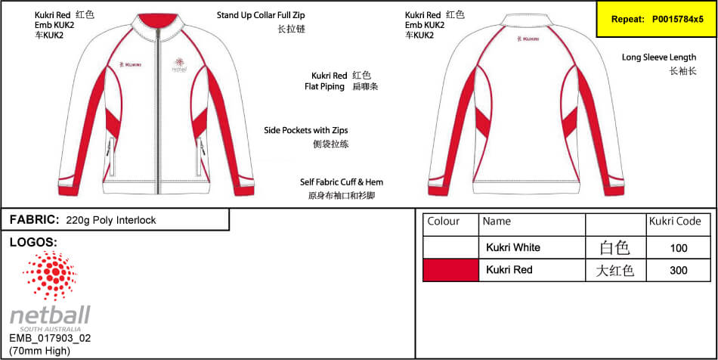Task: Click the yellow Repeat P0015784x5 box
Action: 657,19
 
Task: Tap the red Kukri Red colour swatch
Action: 450,270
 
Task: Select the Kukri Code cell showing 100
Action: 678,248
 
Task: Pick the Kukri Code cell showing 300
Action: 678,270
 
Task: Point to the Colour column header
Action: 443,222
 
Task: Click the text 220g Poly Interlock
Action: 111,220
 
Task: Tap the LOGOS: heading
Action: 33,242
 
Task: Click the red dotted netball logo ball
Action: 50,276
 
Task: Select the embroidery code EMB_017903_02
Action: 51,339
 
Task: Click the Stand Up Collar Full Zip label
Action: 261,15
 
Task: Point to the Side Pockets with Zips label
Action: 306,131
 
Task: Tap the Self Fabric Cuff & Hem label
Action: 342,182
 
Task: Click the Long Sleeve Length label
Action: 659,57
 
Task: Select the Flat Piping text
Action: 324,86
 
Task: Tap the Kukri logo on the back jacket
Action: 527,39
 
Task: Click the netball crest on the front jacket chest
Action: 181,64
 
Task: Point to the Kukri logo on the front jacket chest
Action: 130,64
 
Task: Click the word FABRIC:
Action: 34,220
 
